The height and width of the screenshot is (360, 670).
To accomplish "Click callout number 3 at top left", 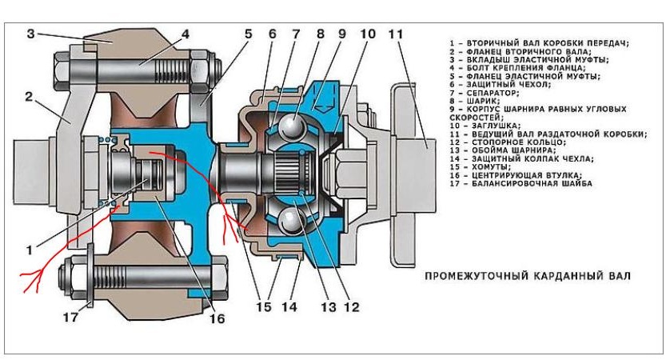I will (x=31, y=34).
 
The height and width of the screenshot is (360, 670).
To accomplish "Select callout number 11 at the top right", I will (x=395, y=34).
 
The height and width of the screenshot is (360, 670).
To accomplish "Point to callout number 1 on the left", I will (x=30, y=250).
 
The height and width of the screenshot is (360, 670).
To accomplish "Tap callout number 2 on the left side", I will (x=29, y=97).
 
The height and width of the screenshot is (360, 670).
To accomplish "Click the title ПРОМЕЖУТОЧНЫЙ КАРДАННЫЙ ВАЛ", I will (x=527, y=277).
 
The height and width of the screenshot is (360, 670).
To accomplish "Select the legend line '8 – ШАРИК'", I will (x=478, y=100).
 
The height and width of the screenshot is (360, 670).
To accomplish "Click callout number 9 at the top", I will (x=341, y=34).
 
